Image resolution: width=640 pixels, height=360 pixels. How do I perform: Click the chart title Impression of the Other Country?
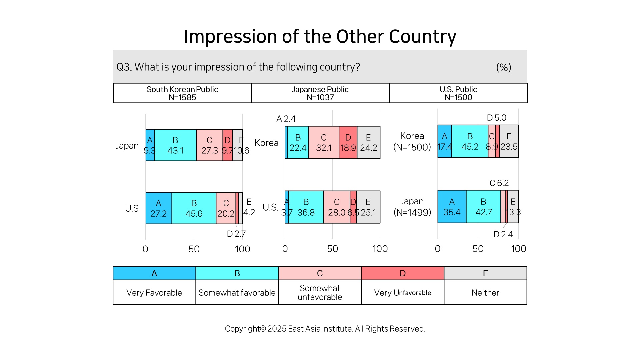(x=320, y=36)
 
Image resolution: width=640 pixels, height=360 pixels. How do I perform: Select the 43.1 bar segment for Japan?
(x=175, y=145)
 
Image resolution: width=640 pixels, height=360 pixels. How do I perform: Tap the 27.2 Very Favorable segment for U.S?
(x=159, y=208)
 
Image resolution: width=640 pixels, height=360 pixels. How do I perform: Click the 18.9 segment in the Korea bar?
(x=348, y=142)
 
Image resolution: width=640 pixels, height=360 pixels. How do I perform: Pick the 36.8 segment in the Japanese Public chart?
(x=306, y=207)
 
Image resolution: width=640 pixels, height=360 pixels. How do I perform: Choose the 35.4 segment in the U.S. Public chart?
(x=452, y=206)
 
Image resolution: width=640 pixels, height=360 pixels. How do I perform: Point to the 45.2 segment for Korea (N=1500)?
(x=470, y=141)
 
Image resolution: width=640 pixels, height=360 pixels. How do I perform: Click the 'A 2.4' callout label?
(x=286, y=119)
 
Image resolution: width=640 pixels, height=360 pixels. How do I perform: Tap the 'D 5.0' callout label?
(x=497, y=118)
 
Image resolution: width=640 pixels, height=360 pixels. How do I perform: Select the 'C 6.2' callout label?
(x=499, y=183)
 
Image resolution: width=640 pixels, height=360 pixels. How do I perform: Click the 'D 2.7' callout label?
(x=236, y=234)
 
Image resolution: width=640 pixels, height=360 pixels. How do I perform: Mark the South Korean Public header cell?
(x=182, y=93)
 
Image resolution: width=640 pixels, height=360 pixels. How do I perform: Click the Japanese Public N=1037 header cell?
(x=320, y=93)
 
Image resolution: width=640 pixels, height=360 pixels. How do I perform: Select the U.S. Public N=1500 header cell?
(x=458, y=93)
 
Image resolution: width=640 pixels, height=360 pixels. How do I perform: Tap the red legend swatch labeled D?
(x=403, y=273)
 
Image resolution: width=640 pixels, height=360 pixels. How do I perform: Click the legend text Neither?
(x=485, y=293)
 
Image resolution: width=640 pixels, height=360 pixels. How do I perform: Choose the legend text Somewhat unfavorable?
(x=320, y=293)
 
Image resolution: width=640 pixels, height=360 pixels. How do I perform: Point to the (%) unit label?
(x=504, y=67)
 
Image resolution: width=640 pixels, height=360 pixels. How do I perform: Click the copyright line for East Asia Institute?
(x=325, y=329)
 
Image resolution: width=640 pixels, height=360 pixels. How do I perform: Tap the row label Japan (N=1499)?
(x=412, y=207)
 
